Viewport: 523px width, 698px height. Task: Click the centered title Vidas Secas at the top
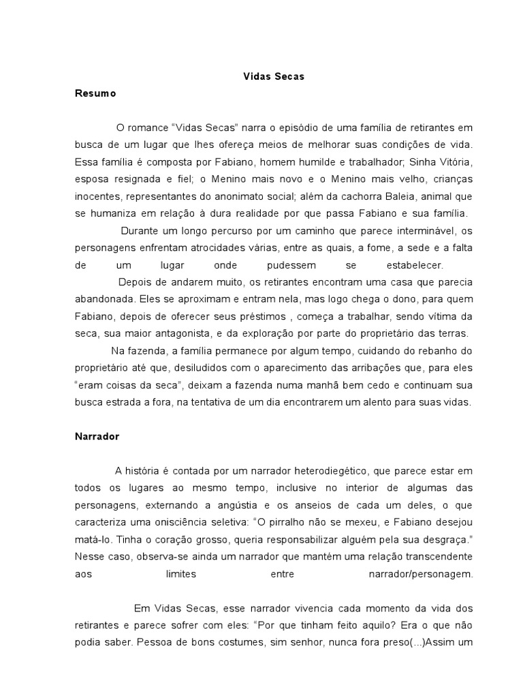click(274, 77)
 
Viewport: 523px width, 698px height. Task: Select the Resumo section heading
click(95, 94)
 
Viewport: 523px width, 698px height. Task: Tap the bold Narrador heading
click(97, 437)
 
